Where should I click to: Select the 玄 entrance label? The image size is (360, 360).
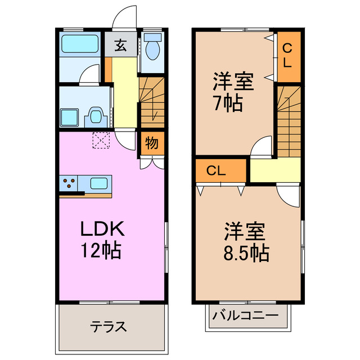[120, 46]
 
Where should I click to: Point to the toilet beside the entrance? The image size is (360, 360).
[152, 47]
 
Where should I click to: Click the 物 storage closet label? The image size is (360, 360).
[152, 142]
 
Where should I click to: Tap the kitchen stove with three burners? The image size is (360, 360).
[69, 183]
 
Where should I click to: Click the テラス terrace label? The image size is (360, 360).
[108, 327]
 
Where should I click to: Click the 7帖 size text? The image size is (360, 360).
[228, 103]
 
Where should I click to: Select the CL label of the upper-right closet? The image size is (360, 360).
[287, 55]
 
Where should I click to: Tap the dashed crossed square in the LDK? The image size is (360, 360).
[102, 140]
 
